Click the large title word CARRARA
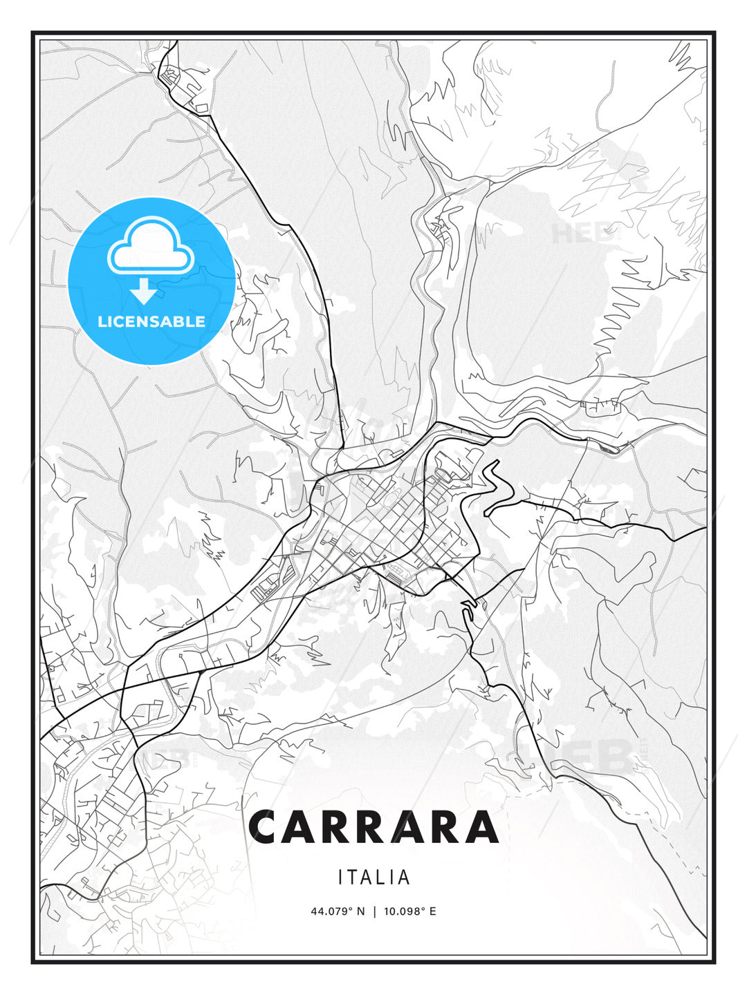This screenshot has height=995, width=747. tap(373, 827)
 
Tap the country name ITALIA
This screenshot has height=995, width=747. tap(374, 878)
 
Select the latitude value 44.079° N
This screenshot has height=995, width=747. tap(338, 911)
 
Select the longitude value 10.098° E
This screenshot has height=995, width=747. tap(409, 911)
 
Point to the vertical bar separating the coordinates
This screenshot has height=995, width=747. tap(373, 911)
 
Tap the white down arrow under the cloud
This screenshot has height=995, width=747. tap(144, 292)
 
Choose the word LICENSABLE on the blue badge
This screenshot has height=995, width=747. tap(151, 321)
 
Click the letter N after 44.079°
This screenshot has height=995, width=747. tap(360, 911)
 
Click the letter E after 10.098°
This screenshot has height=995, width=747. tap(433, 911)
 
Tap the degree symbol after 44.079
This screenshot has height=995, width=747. tap(351, 909)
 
